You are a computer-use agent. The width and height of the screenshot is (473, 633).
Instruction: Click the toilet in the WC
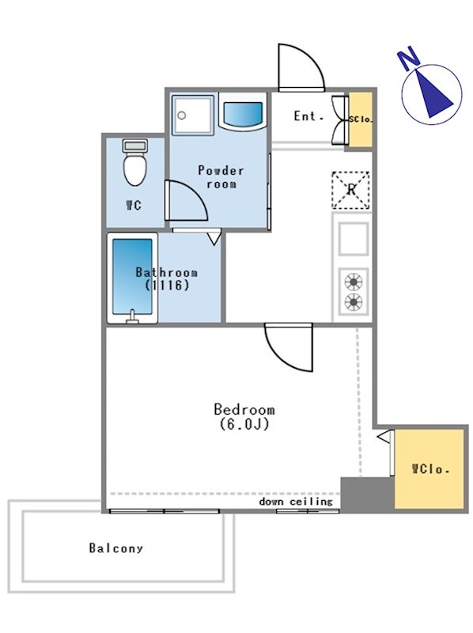click(x=134, y=162)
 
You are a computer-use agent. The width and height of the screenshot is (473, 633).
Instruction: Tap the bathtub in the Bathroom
click(x=132, y=278)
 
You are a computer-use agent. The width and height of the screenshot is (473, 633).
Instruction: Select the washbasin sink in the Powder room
click(x=243, y=112)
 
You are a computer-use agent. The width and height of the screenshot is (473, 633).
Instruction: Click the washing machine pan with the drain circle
click(x=192, y=115)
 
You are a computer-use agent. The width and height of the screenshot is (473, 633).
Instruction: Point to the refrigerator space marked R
click(x=350, y=190)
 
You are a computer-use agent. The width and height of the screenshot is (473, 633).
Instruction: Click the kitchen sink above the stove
click(x=353, y=239)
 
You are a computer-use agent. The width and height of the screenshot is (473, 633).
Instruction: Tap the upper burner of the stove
click(x=353, y=282)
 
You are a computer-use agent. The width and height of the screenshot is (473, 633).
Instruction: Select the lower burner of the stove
click(x=353, y=301)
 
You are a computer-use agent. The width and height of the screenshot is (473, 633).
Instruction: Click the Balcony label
click(x=115, y=548)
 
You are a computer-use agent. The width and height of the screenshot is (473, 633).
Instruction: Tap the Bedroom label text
click(x=244, y=409)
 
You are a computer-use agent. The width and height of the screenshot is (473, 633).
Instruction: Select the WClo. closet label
click(x=430, y=469)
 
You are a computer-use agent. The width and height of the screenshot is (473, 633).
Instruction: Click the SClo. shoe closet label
click(x=361, y=119)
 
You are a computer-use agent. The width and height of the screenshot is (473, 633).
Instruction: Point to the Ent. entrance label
click(x=308, y=116)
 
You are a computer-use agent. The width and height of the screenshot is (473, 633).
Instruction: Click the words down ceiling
click(x=296, y=502)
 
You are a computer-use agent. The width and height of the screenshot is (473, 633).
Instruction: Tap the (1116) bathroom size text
click(x=167, y=286)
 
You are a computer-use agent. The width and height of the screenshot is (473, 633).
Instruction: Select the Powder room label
click(x=221, y=177)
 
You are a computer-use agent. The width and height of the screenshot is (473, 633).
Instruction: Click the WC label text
click(x=134, y=206)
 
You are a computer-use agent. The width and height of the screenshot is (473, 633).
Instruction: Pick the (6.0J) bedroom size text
click(x=244, y=424)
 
